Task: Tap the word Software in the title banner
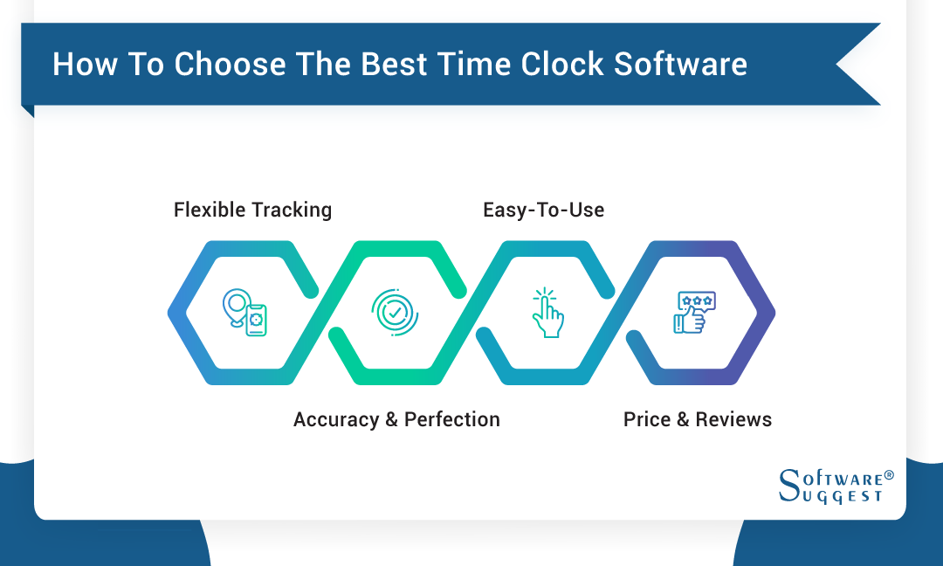pos(681,65)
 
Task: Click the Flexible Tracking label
pos(252,210)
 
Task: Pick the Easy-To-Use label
pos(543,210)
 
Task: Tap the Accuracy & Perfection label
pos(396,419)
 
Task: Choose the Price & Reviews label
pos(697,419)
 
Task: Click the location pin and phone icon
pos(244,313)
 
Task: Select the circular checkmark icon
pos(396,312)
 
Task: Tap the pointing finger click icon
pos(547,312)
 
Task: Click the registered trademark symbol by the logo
pos(889,476)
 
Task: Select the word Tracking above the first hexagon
pos(292,210)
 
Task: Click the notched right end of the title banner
pos(860,65)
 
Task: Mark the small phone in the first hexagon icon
pos(256,321)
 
